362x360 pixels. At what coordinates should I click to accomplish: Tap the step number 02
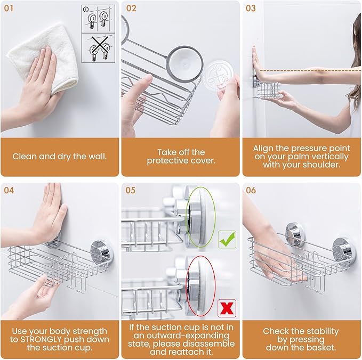point(131,9)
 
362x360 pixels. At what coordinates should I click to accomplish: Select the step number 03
point(251,9)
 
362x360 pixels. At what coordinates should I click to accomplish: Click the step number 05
point(131,190)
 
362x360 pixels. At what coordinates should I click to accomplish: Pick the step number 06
point(251,190)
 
